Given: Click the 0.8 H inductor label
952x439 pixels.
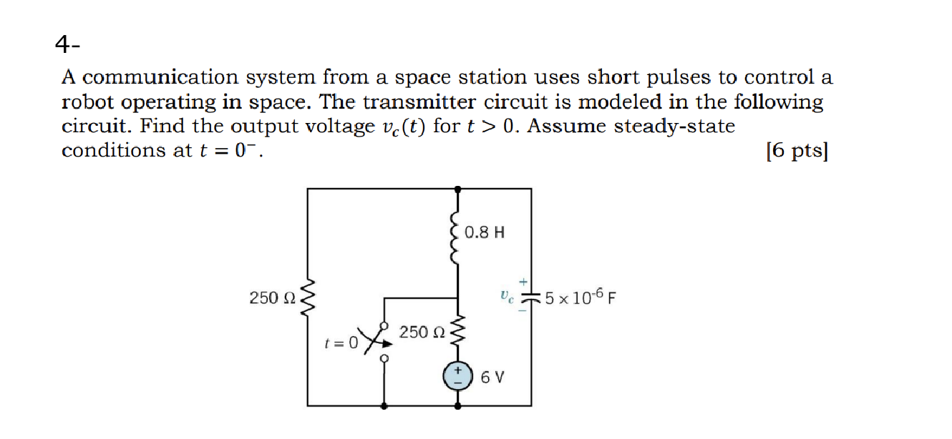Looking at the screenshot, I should (484, 232).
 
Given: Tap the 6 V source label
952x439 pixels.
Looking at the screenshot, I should (492, 377).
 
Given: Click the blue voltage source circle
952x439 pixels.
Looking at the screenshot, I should (459, 376).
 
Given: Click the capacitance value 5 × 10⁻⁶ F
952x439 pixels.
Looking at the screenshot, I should (581, 297).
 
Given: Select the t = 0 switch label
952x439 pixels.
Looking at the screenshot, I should (341, 342).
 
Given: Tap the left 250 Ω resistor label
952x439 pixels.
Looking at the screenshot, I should (271, 297).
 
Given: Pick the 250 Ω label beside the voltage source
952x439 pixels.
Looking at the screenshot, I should (422, 332).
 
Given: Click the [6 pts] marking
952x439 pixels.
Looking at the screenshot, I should (796, 151).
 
